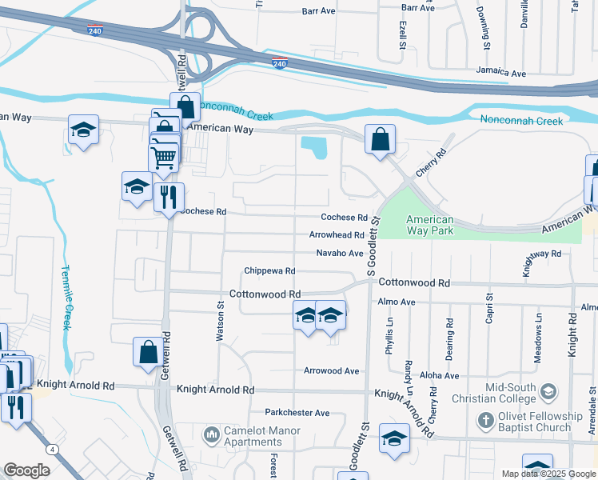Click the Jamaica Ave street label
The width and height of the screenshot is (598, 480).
point(500,73)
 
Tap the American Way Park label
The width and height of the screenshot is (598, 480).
point(429,225)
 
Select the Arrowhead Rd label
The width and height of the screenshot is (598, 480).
point(337,235)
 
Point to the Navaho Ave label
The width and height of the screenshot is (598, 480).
point(340,253)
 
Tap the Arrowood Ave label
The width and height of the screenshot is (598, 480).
point(331,370)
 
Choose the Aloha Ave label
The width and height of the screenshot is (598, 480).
point(440,375)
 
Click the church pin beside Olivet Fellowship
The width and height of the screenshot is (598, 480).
point(485,419)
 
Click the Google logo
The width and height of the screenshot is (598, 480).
point(26,470)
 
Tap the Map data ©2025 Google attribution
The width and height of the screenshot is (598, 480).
point(548,474)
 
